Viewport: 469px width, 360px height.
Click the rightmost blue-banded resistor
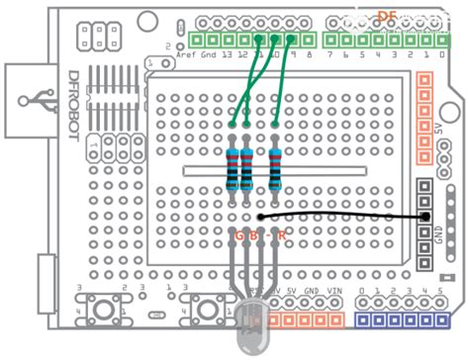[274, 168]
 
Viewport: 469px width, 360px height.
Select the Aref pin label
[186, 56]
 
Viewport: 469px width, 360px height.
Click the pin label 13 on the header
[228, 56]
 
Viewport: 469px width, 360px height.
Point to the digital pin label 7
[330, 56]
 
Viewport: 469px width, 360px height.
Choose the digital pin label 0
[440, 56]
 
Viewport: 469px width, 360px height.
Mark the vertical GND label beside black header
[438, 238]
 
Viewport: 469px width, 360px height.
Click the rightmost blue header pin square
[441, 321]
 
